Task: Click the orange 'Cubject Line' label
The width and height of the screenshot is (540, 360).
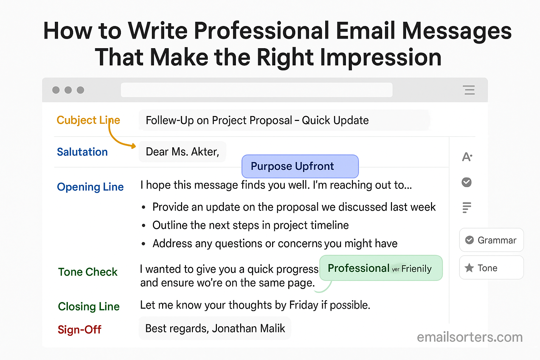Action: tap(88, 120)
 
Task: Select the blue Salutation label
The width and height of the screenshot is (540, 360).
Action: tap(82, 152)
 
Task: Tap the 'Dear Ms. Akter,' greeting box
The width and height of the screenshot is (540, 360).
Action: tap(182, 152)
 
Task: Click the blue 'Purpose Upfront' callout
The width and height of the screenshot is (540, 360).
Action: tap(300, 166)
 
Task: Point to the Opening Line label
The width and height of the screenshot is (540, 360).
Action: tap(90, 187)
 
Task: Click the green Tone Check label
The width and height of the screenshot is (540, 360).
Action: tap(88, 272)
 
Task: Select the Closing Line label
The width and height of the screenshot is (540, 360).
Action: tap(89, 307)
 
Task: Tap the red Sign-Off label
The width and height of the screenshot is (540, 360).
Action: tap(79, 330)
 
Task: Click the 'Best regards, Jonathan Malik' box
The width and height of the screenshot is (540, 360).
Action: tap(215, 328)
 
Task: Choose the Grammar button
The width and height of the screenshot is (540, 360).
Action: tap(491, 240)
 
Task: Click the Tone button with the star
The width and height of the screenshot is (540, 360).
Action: tap(491, 268)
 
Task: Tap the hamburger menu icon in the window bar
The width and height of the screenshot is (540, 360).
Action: tap(469, 90)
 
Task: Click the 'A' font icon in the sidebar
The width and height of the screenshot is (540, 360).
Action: tap(467, 157)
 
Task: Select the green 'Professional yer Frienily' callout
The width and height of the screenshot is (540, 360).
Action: tap(381, 268)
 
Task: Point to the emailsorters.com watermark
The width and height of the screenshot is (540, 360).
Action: tap(470, 337)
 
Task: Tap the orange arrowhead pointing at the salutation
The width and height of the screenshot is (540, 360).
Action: tap(133, 146)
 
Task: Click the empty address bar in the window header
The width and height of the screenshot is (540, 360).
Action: tap(257, 90)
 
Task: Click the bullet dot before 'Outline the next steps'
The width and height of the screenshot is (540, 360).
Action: tap(144, 226)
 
